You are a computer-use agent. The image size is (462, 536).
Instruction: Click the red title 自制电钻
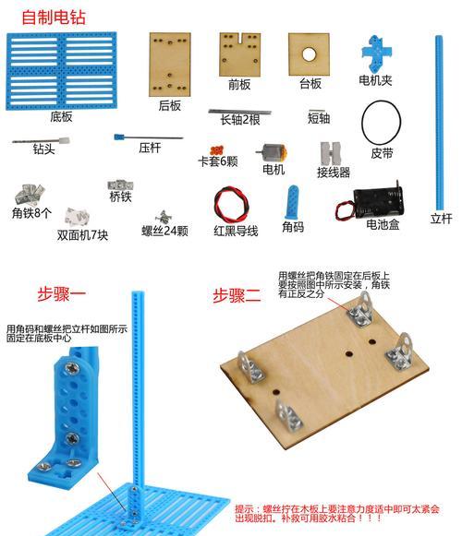(x=54, y=18)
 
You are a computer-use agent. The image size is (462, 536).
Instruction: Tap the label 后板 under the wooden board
(x=169, y=105)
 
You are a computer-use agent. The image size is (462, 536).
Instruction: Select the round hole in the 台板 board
(x=309, y=54)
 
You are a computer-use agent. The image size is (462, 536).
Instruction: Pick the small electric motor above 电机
(x=273, y=153)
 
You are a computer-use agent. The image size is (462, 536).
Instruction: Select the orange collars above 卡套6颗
(x=216, y=150)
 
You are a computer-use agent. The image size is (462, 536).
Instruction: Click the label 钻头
(x=43, y=149)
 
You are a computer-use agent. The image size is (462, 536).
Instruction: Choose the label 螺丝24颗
(x=164, y=231)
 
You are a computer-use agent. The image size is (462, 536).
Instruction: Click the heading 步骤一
(x=61, y=293)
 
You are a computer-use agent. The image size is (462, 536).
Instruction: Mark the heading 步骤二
(x=237, y=295)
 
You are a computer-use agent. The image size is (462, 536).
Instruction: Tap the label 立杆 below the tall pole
(x=441, y=219)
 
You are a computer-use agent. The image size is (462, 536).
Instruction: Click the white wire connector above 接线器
(x=331, y=153)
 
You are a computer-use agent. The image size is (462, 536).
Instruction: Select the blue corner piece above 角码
(x=292, y=202)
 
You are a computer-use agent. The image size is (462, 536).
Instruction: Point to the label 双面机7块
(x=82, y=235)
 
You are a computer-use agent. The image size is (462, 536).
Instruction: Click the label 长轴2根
(x=239, y=120)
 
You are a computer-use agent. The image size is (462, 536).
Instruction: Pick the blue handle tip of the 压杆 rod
(x=118, y=137)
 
